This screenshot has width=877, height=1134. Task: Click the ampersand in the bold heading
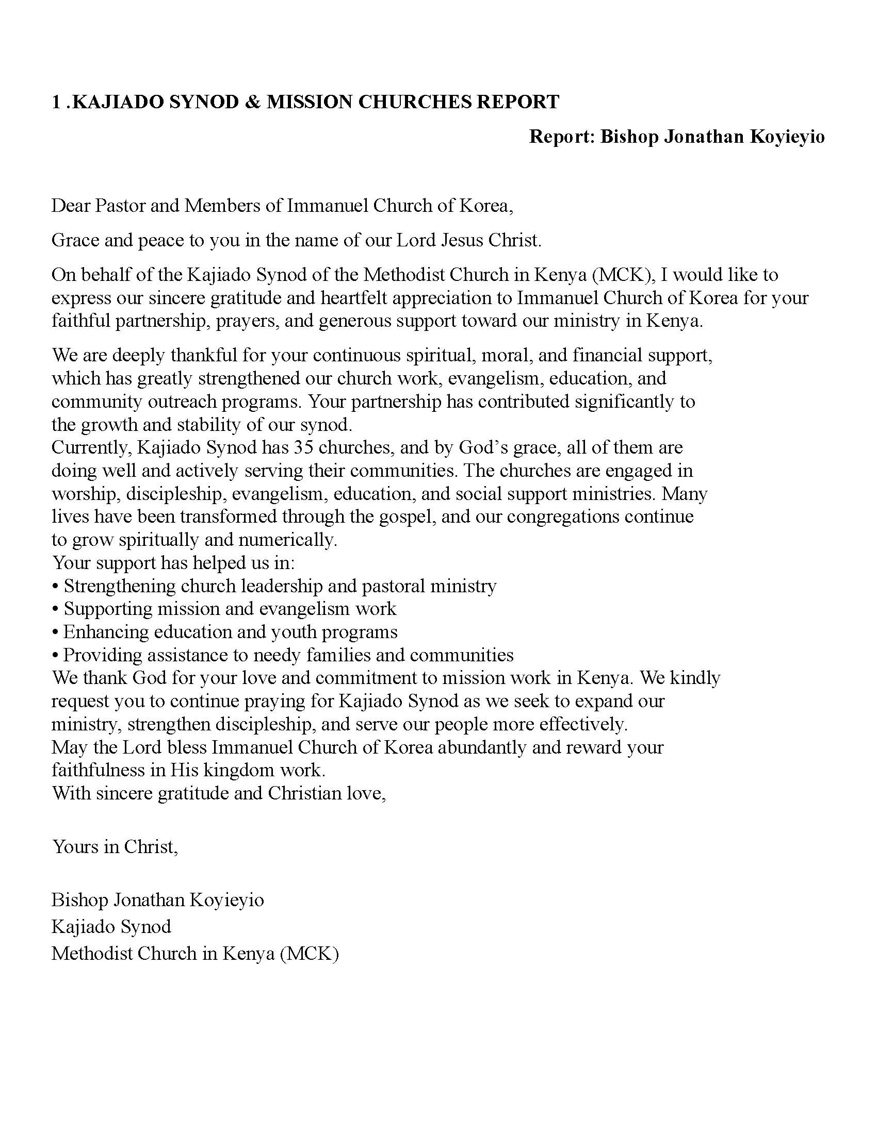point(251,102)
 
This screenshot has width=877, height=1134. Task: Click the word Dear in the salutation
point(71,206)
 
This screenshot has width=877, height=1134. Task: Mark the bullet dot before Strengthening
point(55,587)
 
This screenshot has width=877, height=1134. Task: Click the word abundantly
point(482,747)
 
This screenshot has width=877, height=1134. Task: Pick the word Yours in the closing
point(75,847)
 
